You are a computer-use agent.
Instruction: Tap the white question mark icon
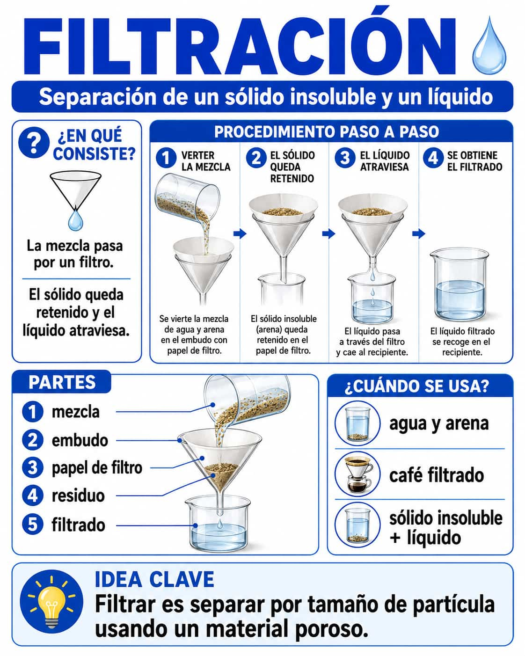point(34,142)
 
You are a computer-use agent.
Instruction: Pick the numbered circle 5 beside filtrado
point(33,525)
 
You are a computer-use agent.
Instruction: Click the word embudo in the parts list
point(80,441)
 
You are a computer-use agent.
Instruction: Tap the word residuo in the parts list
point(78,496)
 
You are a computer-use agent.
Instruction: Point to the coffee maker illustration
point(358,474)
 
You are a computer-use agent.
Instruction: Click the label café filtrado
point(437,475)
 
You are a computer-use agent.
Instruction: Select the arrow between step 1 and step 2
point(240,233)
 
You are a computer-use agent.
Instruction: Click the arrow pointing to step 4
point(419,233)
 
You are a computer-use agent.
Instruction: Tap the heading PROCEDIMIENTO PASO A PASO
point(327,132)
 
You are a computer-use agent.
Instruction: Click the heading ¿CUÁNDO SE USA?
point(417,386)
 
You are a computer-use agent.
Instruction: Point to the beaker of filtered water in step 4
point(459,285)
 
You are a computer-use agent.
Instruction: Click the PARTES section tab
point(62,382)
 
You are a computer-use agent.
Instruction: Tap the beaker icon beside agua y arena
point(357,424)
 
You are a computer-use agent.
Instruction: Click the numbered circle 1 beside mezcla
point(33,412)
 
